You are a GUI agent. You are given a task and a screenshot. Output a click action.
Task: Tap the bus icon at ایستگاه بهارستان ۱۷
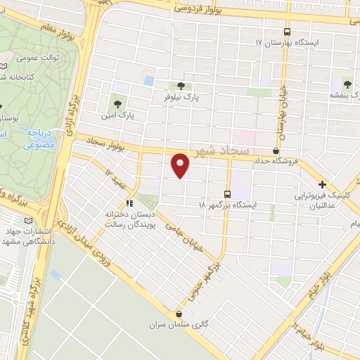click(x=286, y=32)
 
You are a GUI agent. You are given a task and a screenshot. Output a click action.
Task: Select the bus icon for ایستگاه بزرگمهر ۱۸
click(x=226, y=193)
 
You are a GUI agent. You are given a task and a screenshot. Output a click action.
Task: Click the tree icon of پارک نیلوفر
click(x=188, y=86)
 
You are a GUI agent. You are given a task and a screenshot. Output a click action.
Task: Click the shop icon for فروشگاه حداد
click(x=276, y=150)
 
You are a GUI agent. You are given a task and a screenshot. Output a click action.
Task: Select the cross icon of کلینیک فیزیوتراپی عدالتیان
click(x=321, y=184)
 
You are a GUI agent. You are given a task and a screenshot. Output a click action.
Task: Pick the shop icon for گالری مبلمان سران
click(x=179, y=314)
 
